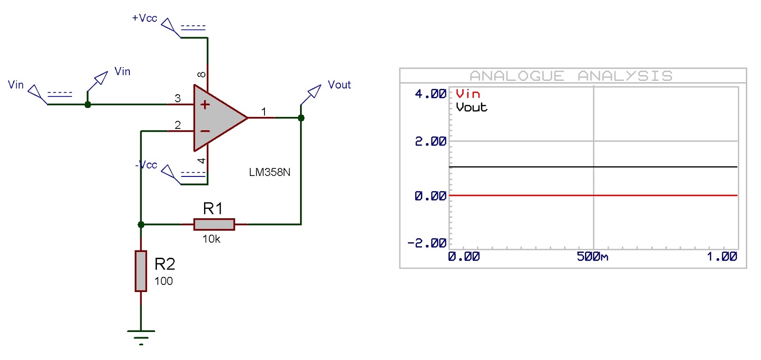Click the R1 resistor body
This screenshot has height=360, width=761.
(214, 224)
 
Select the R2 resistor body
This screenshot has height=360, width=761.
(141, 271)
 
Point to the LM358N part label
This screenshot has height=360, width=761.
(269, 172)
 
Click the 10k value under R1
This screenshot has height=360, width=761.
(211, 239)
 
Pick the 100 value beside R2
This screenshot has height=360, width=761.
(163, 281)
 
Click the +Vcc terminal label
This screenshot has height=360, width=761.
(144, 18)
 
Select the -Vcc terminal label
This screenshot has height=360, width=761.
(146, 165)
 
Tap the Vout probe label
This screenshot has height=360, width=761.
(339, 85)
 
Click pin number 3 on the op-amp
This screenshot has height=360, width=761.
(177, 98)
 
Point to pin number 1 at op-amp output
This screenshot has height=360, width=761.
(263, 111)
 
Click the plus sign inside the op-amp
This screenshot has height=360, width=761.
(205, 105)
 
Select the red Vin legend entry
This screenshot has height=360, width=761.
(468, 94)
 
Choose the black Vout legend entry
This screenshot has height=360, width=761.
(471, 107)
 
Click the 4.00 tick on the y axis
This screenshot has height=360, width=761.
(430, 94)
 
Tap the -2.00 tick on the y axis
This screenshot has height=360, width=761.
(427, 243)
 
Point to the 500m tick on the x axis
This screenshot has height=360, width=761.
(592, 257)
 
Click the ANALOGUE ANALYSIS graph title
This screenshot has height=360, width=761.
(571, 76)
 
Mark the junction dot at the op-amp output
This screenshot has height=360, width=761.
(301, 117)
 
